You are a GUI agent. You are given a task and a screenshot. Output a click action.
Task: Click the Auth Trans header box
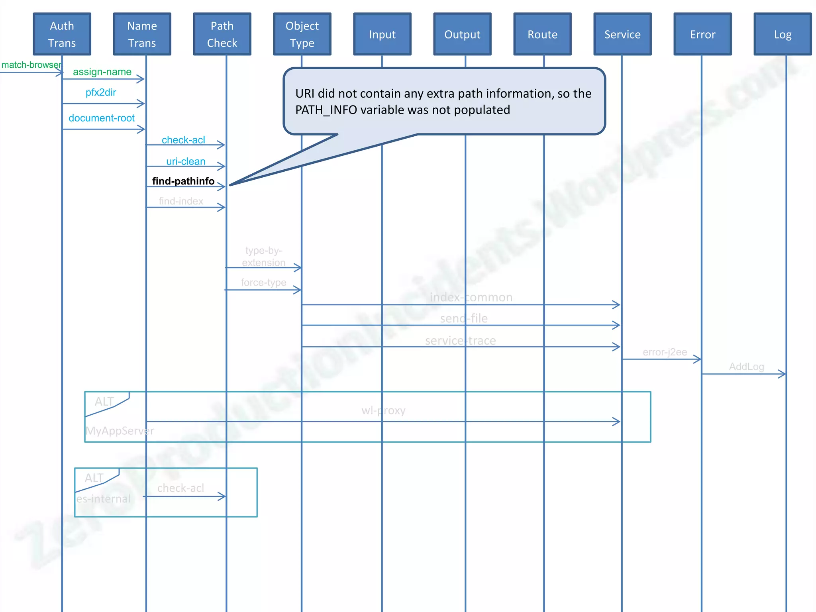[x=62, y=34]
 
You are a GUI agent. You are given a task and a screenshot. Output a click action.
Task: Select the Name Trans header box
[x=142, y=34]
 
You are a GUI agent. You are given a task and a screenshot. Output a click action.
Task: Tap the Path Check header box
[x=222, y=34]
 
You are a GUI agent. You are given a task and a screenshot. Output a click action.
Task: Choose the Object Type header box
[x=302, y=34]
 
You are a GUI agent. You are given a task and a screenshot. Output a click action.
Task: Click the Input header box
[x=382, y=35]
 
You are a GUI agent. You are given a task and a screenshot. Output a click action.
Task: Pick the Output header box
[x=462, y=35]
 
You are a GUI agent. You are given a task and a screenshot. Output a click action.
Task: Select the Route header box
[x=542, y=35]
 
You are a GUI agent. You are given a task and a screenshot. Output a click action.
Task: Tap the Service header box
[x=622, y=35]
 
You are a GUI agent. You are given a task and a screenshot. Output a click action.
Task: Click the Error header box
[x=702, y=35]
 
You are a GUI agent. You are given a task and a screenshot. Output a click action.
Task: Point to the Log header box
[x=783, y=35]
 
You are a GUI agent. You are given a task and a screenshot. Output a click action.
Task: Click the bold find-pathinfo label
[x=183, y=181]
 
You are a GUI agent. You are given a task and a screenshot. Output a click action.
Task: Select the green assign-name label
[x=102, y=72]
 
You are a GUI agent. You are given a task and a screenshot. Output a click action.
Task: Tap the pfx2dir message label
[x=101, y=92]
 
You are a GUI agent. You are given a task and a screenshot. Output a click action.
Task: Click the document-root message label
[x=102, y=118]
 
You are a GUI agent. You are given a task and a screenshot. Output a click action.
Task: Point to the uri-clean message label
[x=186, y=161]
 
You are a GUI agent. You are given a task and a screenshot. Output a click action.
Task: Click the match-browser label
[x=31, y=65]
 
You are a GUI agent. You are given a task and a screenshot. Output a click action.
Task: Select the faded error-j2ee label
[x=665, y=352]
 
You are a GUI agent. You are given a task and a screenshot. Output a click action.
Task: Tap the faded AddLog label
[x=746, y=367]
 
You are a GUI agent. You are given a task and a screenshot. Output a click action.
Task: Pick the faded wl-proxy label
[x=383, y=410]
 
